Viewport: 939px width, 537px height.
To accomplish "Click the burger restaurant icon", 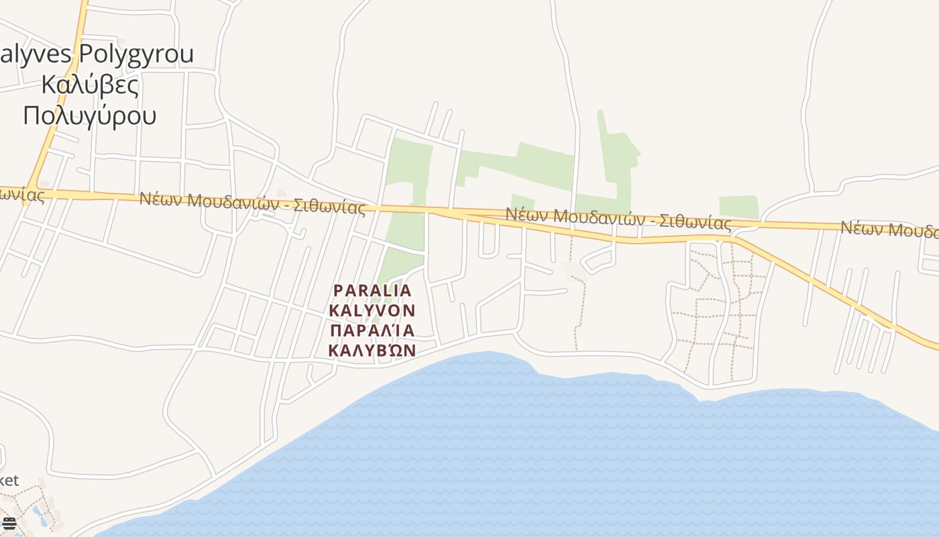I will click(9, 522).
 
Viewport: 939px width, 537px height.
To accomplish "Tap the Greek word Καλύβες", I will click(90, 85).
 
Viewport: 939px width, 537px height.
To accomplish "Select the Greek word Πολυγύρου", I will click(90, 115).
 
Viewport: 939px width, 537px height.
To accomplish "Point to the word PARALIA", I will click(372, 291).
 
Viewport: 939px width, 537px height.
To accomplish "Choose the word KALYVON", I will click(372, 311).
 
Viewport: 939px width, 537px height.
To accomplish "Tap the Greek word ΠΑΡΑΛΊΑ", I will click(372, 330).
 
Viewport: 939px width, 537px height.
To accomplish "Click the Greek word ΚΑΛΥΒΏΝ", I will click(372, 350).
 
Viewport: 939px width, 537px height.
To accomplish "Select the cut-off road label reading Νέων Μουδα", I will click(889, 230).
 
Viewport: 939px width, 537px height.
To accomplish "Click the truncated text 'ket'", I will click(9, 480).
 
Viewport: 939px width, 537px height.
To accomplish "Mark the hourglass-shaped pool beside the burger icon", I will click(38, 516).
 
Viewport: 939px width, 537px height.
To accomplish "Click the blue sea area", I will click(537, 456).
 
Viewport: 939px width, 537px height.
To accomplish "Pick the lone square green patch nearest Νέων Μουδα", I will click(738, 207).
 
